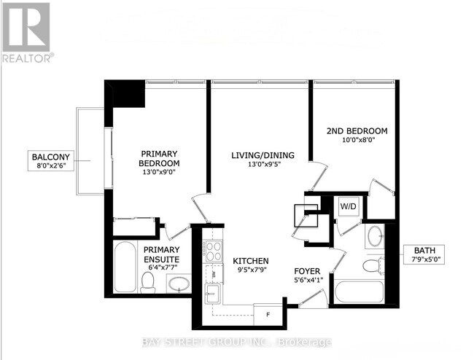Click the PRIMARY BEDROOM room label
(x=159, y=158)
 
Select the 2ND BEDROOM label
(x=356, y=131)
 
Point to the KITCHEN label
(x=251, y=261)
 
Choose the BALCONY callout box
(x=50, y=161)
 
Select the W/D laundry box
(x=347, y=207)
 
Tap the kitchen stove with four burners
(x=213, y=252)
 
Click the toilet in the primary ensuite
(x=149, y=281)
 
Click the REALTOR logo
(x=27, y=32)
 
